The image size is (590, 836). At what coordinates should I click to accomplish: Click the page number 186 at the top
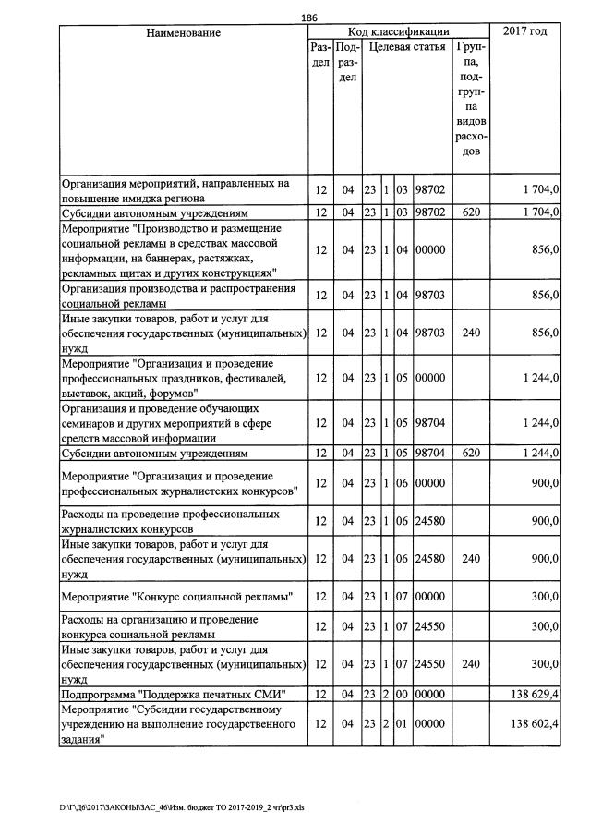pyautogui.click(x=309, y=17)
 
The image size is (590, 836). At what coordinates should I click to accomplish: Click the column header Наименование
pyautogui.click(x=183, y=32)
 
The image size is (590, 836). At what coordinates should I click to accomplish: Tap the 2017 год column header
pyautogui.click(x=524, y=31)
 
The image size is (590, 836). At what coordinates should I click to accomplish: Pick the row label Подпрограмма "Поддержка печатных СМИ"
pyautogui.click(x=173, y=694)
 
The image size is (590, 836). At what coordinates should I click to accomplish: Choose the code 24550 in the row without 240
pyautogui.click(x=430, y=627)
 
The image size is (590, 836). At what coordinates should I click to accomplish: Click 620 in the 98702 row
pyautogui.click(x=471, y=212)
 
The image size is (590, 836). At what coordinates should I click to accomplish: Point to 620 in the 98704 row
pyautogui.click(x=471, y=454)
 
